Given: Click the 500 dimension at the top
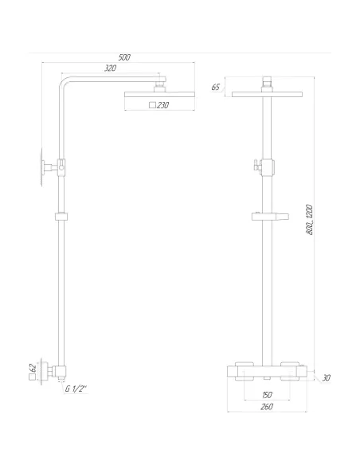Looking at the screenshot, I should click(x=123, y=57).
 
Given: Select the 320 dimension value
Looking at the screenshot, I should click(x=111, y=69).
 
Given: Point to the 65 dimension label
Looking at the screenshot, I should click(x=215, y=87).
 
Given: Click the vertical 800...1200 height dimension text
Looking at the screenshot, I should click(x=310, y=218).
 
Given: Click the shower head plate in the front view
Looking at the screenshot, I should click(x=268, y=94).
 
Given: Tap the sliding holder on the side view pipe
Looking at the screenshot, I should click(x=61, y=216).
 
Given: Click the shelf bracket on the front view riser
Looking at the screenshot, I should click(x=267, y=216).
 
